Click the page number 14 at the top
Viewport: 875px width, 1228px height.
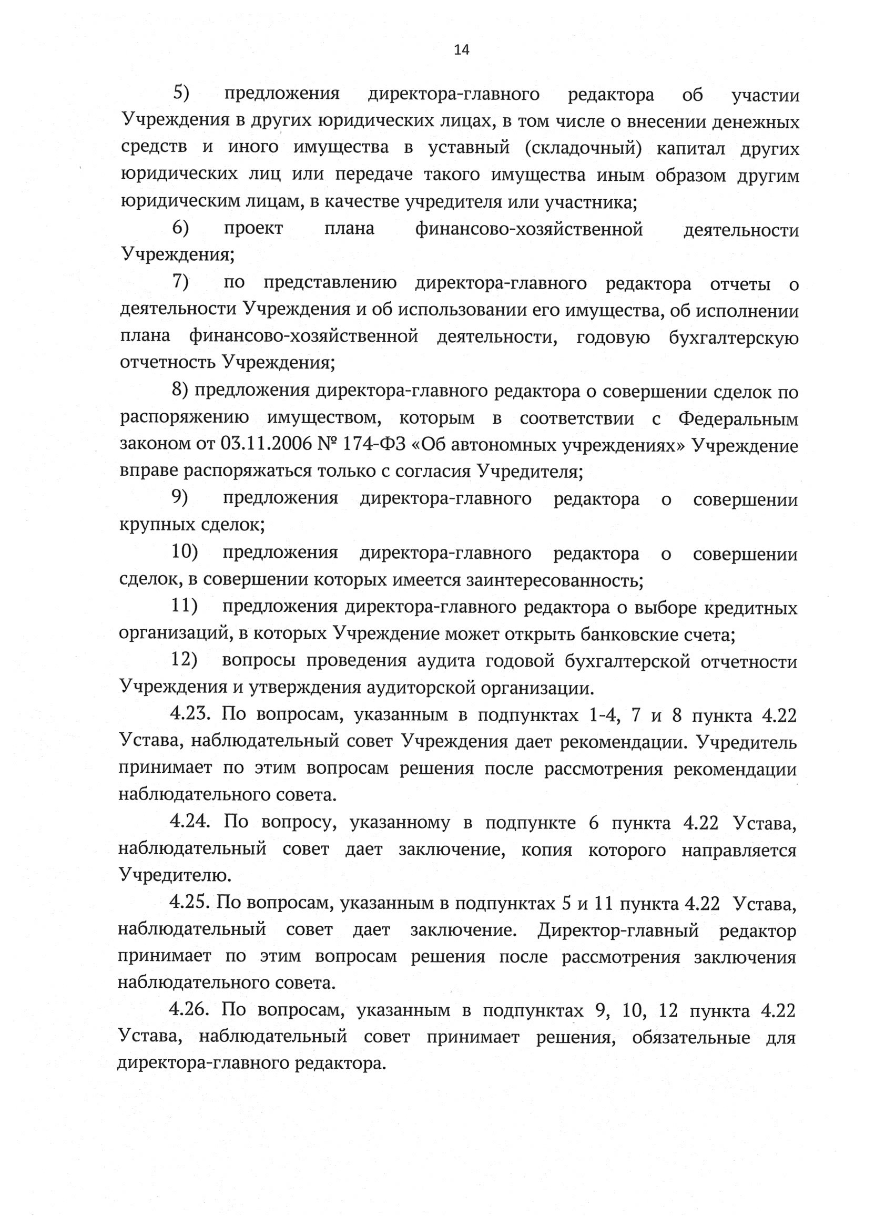pos(462,50)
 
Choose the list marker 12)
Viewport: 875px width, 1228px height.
pos(184,660)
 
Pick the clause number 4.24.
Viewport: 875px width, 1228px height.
pos(189,823)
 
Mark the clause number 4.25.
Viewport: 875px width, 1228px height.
pos(189,903)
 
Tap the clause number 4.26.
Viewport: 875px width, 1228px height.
pos(189,1010)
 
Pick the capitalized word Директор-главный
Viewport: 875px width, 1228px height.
pos(618,930)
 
